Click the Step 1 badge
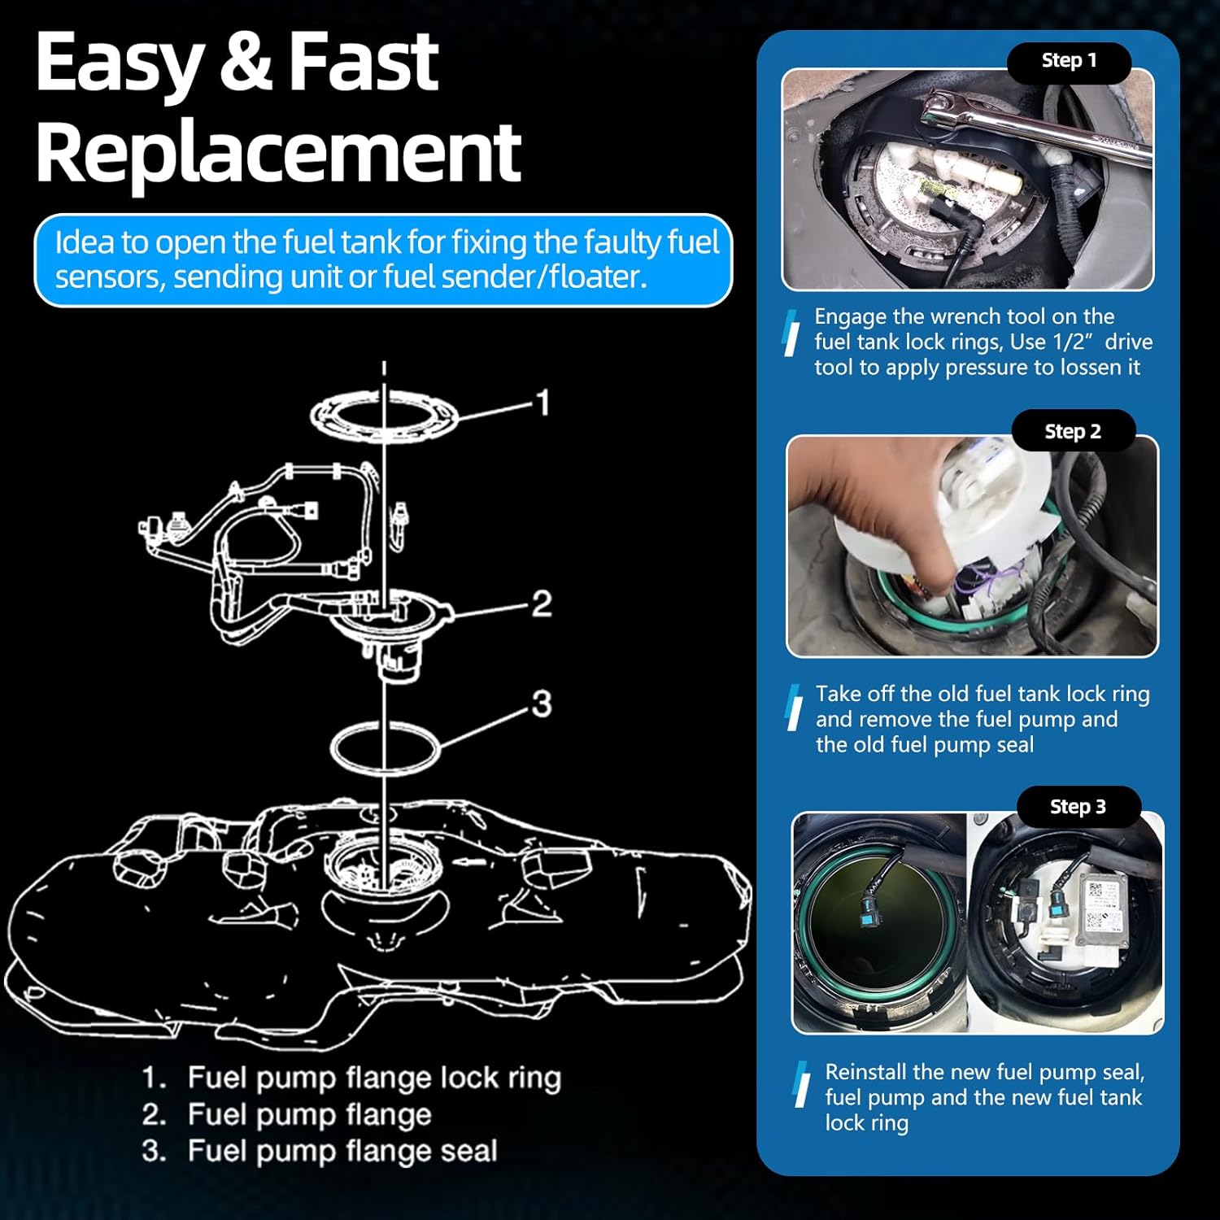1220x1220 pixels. pyautogui.click(x=1069, y=61)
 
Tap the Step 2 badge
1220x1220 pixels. pyautogui.click(x=1073, y=432)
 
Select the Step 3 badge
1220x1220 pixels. pyautogui.click(x=1078, y=807)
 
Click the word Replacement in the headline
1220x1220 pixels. pyautogui.click(x=277, y=152)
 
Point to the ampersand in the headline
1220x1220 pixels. pyautogui.click(x=245, y=63)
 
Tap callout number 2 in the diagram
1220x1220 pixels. pyautogui.click(x=542, y=603)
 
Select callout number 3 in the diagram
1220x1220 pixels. pyautogui.click(x=542, y=704)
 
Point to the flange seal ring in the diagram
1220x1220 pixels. pyautogui.click(x=384, y=745)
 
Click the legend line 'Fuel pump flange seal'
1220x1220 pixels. pyautogui.click(x=342, y=1151)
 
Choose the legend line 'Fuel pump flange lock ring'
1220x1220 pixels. pyautogui.click(x=373, y=1078)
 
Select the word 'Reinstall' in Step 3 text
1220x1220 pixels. pyautogui.click(x=866, y=1072)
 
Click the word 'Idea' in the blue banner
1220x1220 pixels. pyautogui.click(x=84, y=242)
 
